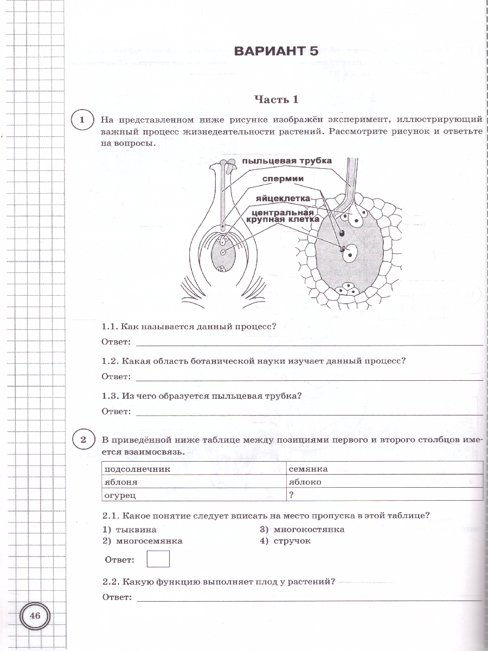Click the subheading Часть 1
(277, 99)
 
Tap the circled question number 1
(82, 120)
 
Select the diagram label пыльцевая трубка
(287, 161)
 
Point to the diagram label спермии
(282, 179)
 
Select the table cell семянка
(309, 469)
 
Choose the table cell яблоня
(121, 482)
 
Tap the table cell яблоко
(305, 482)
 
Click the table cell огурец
(120, 495)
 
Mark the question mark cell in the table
(292, 495)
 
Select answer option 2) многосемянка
(143, 541)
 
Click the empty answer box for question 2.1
(158, 559)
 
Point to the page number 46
(35, 616)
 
